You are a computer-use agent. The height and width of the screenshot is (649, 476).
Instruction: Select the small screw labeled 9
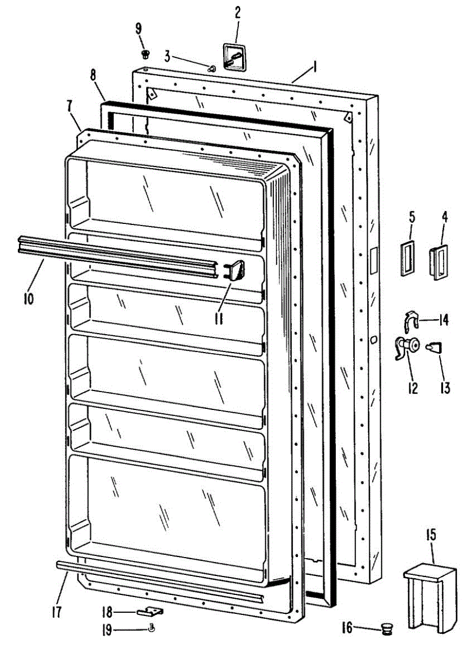[145, 54]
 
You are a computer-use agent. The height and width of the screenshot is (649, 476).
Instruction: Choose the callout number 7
[70, 107]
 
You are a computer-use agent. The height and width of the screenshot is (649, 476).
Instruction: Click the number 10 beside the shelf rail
[29, 297]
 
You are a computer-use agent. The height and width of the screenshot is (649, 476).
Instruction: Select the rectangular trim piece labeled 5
[409, 259]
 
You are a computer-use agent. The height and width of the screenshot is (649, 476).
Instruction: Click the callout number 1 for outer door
[314, 68]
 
